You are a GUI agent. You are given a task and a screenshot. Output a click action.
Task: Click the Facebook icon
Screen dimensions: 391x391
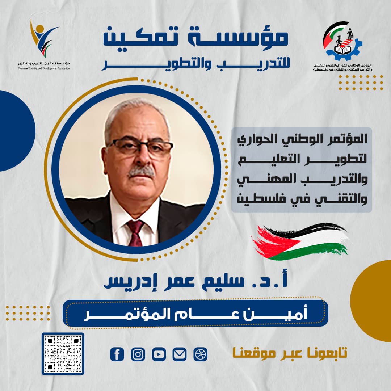[x=117, y=354]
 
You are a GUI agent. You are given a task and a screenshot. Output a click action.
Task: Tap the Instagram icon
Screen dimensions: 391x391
[x=138, y=354]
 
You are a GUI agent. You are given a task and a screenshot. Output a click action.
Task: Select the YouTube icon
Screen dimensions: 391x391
[x=159, y=354]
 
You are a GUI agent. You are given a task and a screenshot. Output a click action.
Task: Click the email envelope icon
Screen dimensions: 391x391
[x=180, y=354]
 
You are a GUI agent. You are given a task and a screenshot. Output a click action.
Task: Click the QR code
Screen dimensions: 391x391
[x=63, y=353]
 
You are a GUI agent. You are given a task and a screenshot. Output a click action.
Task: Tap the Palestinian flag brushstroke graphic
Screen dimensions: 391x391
[x=300, y=241]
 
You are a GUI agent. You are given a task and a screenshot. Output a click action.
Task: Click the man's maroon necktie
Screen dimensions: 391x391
[x=135, y=232]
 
